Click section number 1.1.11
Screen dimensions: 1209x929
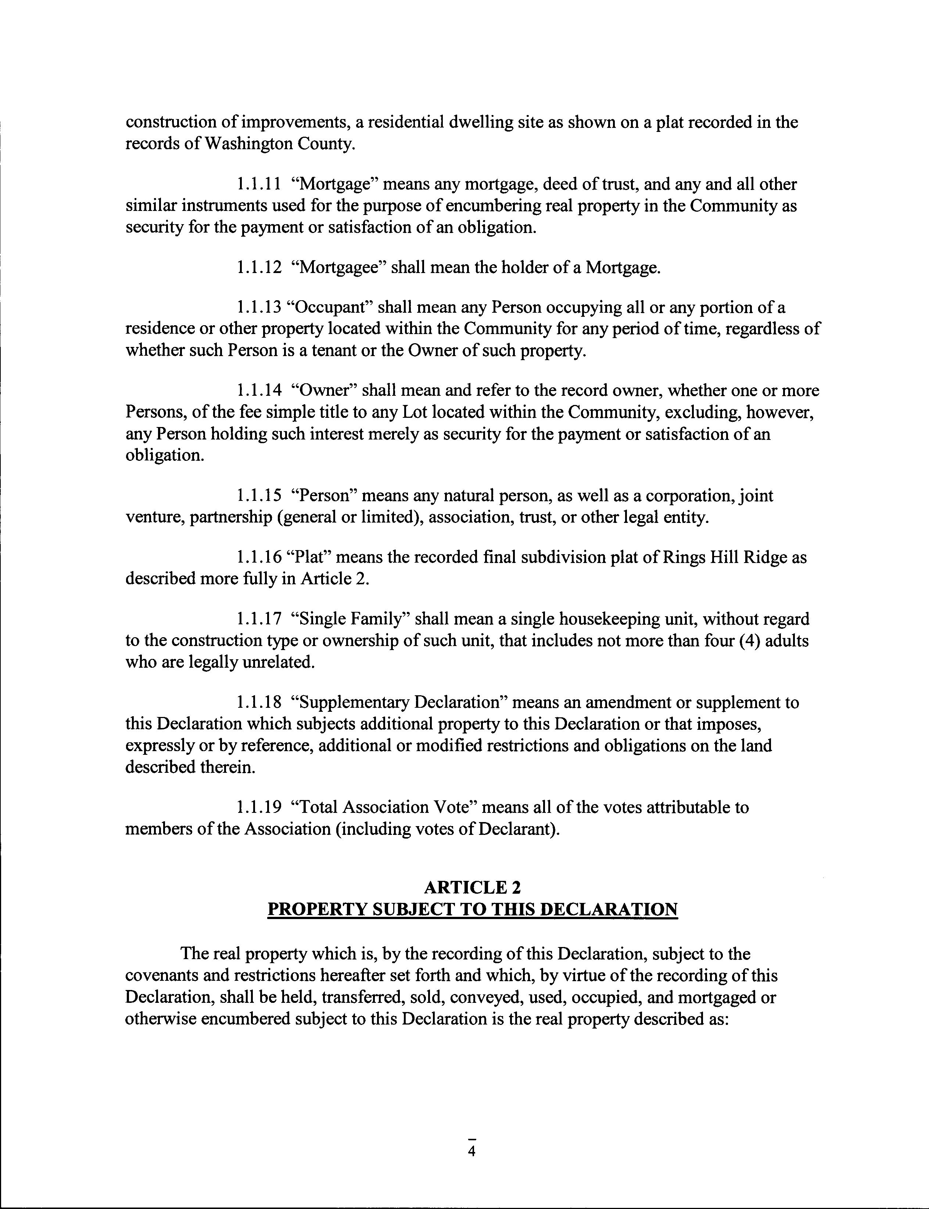pyautogui.click(x=258, y=184)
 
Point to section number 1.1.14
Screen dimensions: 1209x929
pyautogui.click(x=258, y=391)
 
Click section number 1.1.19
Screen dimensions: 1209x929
pyautogui.click(x=258, y=808)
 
